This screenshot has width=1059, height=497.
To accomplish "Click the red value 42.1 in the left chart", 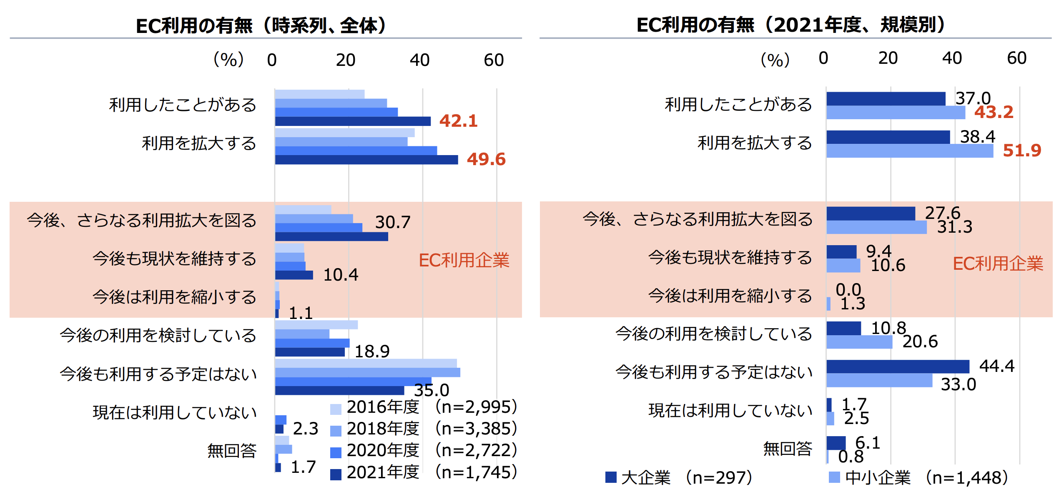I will pyautogui.click(x=458, y=121).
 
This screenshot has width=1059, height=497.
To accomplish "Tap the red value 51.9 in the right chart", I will pyautogui.click(x=1021, y=151).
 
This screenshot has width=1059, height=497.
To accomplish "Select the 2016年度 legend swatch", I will pyautogui.click(x=336, y=409).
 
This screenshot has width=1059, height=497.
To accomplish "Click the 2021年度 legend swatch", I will pyautogui.click(x=336, y=474).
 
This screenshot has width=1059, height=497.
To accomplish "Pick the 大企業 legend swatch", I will pyautogui.click(x=611, y=477).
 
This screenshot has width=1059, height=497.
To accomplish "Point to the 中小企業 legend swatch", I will pyautogui.click(x=834, y=477).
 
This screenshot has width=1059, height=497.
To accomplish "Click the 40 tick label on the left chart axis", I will pyautogui.click(x=419, y=60).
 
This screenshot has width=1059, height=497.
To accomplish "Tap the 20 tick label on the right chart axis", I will pyautogui.click(x=888, y=58).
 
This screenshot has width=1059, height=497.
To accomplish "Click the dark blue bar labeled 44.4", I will pyautogui.click(x=898, y=366).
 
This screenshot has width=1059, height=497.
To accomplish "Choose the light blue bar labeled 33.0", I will pyautogui.click(x=879, y=380).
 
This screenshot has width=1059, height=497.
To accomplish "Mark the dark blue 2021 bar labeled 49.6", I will pyautogui.click(x=366, y=160).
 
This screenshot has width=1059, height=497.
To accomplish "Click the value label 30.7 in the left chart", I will pyautogui.click(x=393, y=222).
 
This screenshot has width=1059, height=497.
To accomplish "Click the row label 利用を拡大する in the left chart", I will pyautogui.click(x=199, y=143).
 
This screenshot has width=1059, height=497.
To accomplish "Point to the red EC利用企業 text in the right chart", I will pyautogui.click(x=998, y=264).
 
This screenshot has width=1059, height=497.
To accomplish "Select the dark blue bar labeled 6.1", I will pyautogui.click(x=836, y=443).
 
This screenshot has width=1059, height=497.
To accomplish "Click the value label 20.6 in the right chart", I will pyautogui.click(x=920, y=342).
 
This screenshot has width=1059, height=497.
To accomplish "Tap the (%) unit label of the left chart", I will pyautogui.click(x=228, y=60).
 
